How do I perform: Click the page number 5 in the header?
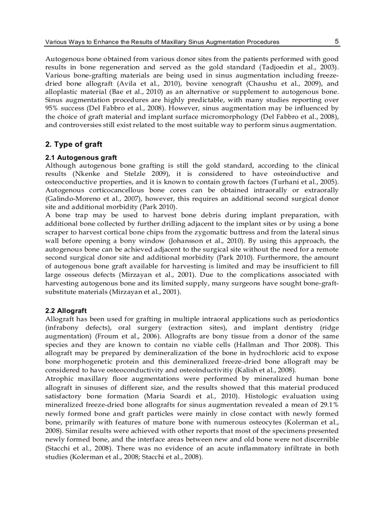point(336,41)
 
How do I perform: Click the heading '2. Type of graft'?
point(73,144)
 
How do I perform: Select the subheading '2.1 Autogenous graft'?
point(81,158)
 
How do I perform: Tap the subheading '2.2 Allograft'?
point(66,311)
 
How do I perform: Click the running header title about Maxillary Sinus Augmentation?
point(162,42)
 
